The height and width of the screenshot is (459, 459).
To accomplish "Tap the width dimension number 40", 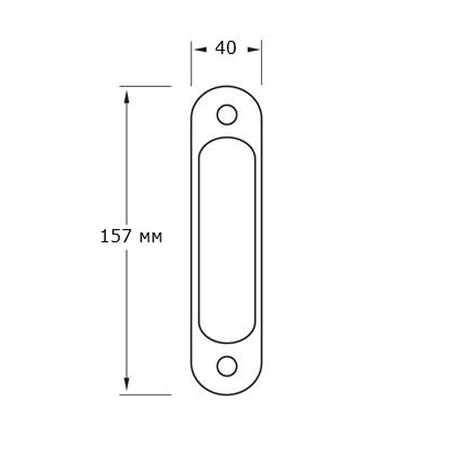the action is click(225, 48).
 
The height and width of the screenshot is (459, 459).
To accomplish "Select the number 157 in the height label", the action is click(115, 236).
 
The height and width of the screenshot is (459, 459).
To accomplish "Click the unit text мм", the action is click(151, 238).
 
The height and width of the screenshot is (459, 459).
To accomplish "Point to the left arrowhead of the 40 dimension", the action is click(201, 50).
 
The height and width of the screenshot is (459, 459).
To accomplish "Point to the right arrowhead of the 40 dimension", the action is click(253, 50).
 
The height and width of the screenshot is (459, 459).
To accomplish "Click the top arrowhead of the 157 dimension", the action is click(127, 97).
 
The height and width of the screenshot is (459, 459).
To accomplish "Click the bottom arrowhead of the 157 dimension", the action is click(127, 384).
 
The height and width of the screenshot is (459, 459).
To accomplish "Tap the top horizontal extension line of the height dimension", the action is click(145, 86).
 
